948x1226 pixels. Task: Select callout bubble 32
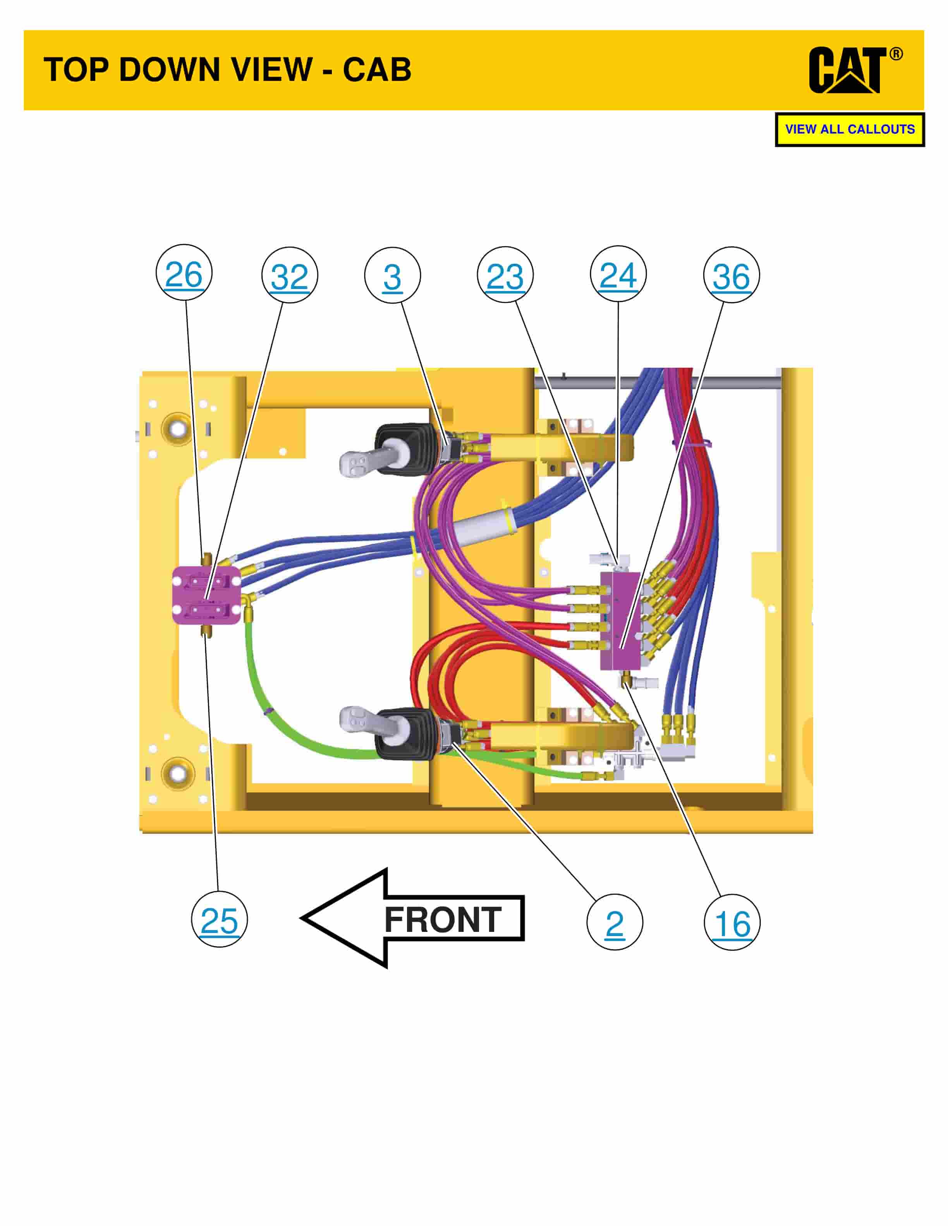point(289,275)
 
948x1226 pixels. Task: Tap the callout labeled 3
point(392,275)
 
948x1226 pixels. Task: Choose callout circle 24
point(618,274)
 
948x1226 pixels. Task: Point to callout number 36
point(731,275)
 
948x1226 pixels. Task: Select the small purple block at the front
point(206,595)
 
